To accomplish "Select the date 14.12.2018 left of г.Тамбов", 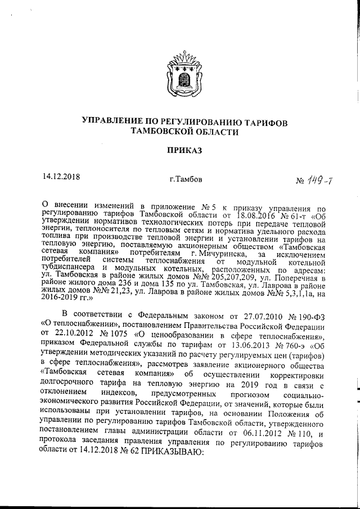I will pyautogui.click(x=61, y=177).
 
